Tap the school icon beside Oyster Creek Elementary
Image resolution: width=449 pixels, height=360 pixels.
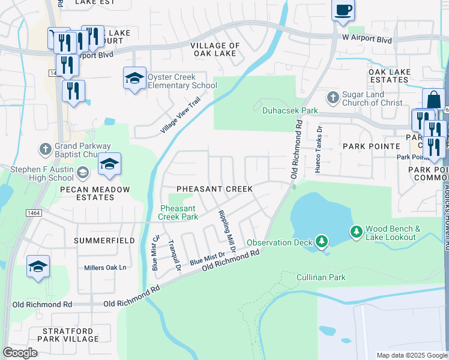pyautogui.click(x=134, y=77)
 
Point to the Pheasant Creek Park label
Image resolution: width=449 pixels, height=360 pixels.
pyautogui.click(x=178, y=212)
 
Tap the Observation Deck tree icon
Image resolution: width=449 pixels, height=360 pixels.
pyautogui.click(x=322, y=242)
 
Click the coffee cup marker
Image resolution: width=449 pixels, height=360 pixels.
pyautogui.click(x=343, y=10)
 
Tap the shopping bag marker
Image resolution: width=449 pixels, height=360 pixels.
pyautogui.click(x=433, y=99)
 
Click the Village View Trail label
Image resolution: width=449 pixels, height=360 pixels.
pyautogui.click(x=179, y=116)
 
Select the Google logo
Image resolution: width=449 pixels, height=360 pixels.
pyautogui.click(x=20, y=353)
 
